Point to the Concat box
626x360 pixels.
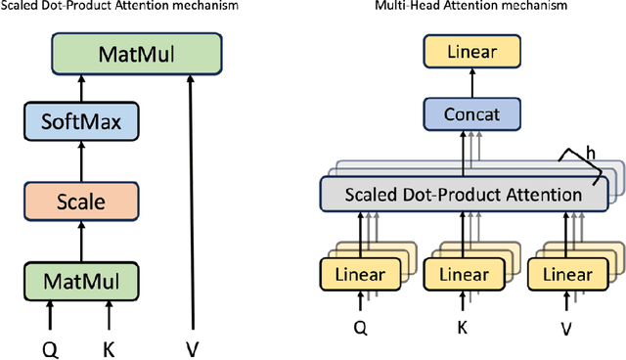click(x=462, y=114)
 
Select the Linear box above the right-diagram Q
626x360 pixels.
click(x=353, y=275)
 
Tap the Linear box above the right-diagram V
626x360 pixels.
click(x=564, y=275)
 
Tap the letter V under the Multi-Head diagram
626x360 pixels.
click(x=565, y=330)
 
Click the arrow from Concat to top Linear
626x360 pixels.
click(x=462, y=82)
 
